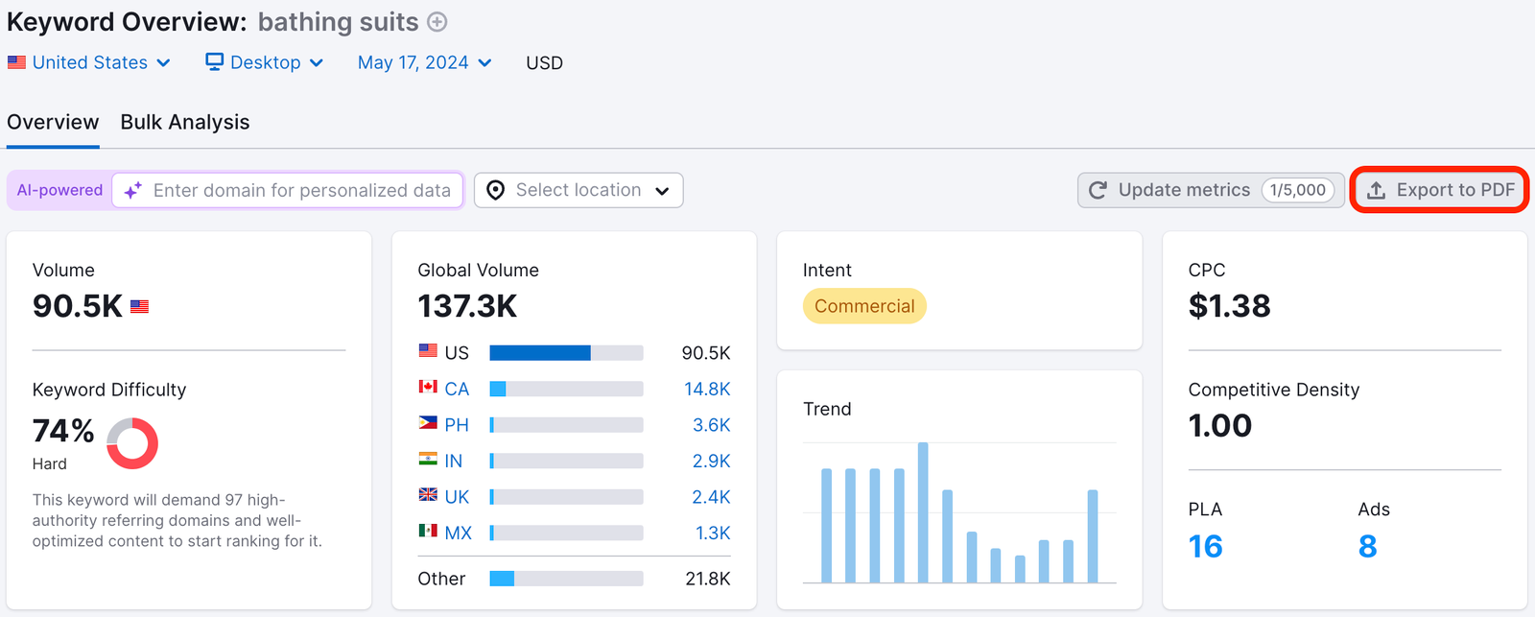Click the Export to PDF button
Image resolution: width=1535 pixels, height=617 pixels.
point(1439,190)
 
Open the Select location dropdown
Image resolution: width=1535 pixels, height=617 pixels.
point(579,190)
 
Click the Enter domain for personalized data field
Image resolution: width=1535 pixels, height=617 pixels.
point(301,190)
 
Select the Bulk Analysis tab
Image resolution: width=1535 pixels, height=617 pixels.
point(185,122)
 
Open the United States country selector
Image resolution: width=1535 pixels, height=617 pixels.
point(89,62)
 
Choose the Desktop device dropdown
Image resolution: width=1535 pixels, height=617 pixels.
point(265,62)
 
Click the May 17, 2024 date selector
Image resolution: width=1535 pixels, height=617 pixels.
point(424,62)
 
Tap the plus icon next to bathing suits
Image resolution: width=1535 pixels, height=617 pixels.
point(437,22)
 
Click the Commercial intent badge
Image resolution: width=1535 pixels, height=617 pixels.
point(864,306)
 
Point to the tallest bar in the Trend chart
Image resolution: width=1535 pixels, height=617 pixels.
point(923,511)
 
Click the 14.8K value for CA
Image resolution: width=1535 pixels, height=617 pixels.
point(707,389)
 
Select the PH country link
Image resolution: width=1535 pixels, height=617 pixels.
point(457,425)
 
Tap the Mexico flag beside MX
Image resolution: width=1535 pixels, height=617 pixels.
point(428,531)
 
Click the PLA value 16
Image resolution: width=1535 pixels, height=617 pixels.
point(1205,546)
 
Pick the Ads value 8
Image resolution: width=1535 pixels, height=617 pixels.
point(1367,546)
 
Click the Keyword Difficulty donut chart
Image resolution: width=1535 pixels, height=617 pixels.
point(132,443)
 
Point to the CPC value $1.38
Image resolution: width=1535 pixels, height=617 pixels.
point(1229,306)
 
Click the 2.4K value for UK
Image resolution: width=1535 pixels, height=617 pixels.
point(711,497)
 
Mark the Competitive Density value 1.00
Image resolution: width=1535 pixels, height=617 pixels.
point(1219,425)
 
